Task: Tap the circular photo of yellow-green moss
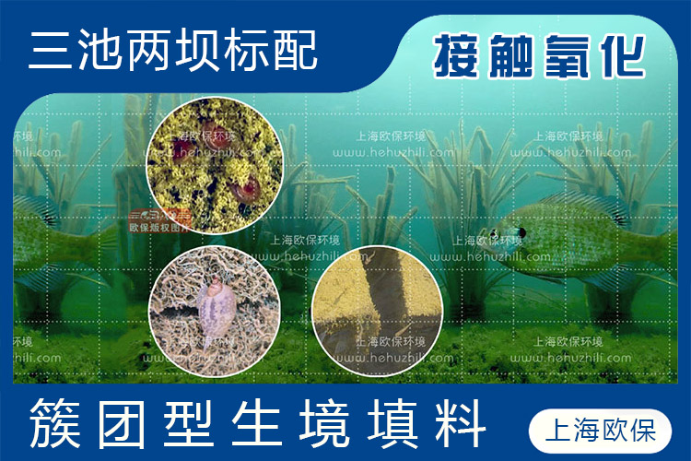(215, 168)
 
